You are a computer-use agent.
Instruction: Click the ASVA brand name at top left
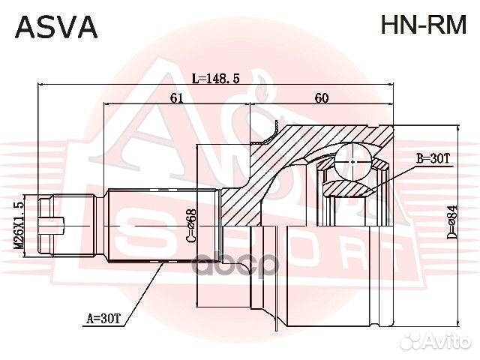(x=57, y=26)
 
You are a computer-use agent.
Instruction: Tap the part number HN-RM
(x=424, y=26)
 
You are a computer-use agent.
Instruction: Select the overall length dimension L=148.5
(x=216, y=78)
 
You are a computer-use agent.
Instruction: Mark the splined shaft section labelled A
(x=161, y=224)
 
